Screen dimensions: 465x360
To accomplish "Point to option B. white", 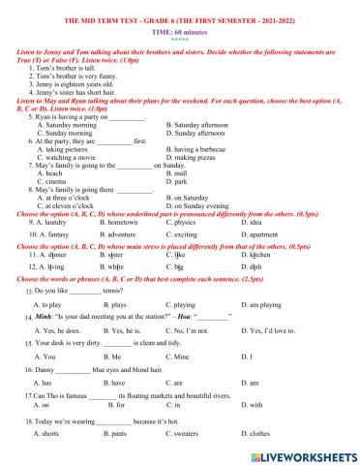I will tap(115, 264).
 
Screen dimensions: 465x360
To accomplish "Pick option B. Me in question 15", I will tap(115, 356).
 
